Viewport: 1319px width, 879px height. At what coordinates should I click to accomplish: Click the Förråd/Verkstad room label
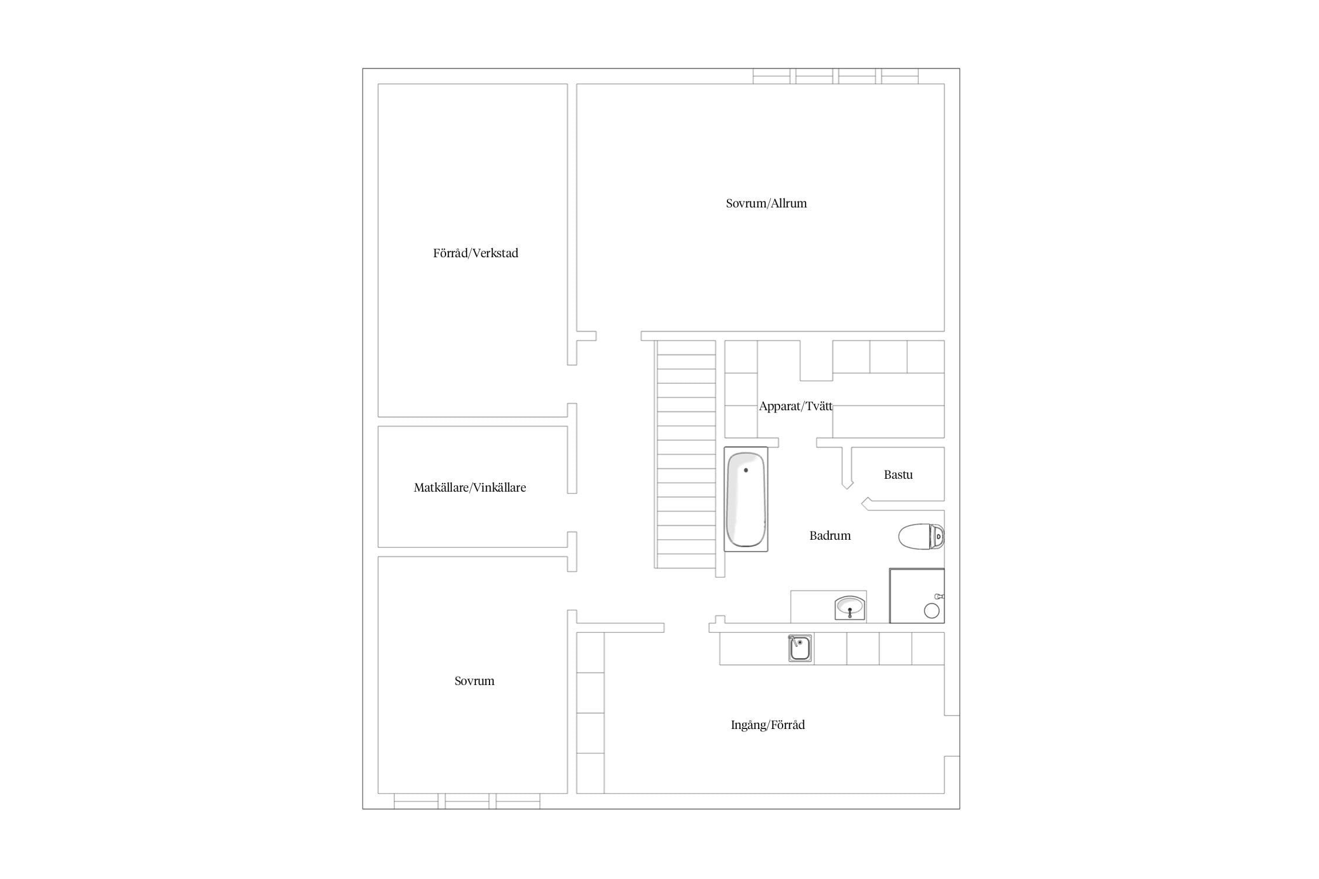click(475, 253)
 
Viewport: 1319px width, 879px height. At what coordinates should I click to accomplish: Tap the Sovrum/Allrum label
click(766, 203)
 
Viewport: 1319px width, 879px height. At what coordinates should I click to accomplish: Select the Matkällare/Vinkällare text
click(470, 488)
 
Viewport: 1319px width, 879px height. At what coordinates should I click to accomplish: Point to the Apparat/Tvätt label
click(796, 406)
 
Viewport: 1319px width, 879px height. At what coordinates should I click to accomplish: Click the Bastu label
click(898, 475)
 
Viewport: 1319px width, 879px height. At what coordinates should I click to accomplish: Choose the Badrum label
click(830, 536)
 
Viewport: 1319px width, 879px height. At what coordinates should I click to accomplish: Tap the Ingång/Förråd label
click(767, 725)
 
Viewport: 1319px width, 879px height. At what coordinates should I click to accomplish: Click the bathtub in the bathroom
click(746, 499)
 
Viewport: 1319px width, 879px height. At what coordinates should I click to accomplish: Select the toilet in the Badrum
click(921, 536)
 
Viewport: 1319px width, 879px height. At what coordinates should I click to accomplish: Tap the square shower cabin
click(917, 595)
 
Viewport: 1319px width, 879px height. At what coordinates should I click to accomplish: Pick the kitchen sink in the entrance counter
click(800, 648)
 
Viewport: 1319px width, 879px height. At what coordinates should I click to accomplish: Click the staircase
click(686, 454)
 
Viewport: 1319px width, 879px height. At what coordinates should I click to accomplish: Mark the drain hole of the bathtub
click(746, 470)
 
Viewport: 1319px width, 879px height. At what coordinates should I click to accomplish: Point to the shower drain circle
click(932, 611)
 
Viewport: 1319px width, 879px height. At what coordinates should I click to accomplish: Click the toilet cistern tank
click(937, 536)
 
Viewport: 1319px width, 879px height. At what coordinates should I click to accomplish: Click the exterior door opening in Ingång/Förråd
click(952, 736)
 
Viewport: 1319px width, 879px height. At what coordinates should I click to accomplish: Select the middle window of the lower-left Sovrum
click(467, 801)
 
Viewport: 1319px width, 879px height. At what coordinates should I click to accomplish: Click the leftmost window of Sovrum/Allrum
click(771, 76)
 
